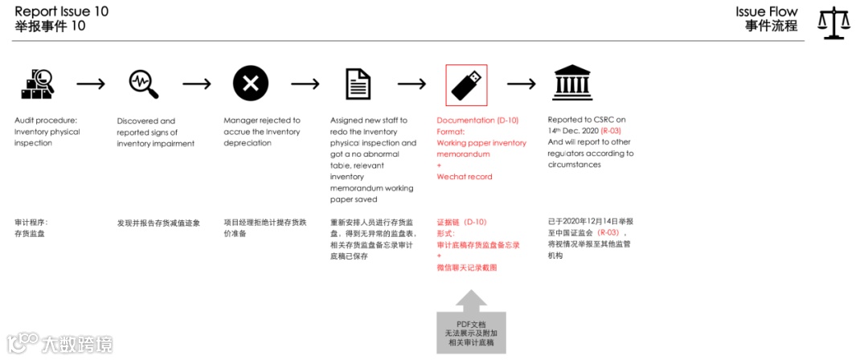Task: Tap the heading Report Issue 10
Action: (62, 11)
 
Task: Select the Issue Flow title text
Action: (767, 11)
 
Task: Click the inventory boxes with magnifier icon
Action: (36, 83)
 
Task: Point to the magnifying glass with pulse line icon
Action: (143, 83)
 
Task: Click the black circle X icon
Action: (251, 83)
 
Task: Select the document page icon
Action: (358, 84)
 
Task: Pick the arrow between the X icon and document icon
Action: (305, 84)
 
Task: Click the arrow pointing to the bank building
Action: (521, 84)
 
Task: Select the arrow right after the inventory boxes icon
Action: (90, 84)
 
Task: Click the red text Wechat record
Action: (465, 177)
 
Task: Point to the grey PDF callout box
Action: (472, 332)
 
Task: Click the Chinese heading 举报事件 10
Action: (50, 27)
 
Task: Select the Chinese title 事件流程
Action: (771, 26)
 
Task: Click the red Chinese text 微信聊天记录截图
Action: (467, 267)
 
